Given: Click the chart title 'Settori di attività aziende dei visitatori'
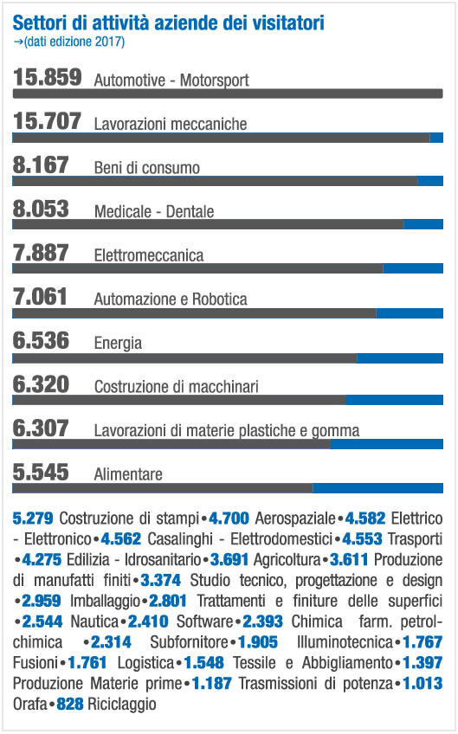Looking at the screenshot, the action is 168,23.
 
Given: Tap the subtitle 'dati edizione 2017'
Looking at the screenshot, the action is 74,42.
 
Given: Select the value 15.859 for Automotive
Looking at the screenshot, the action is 48,77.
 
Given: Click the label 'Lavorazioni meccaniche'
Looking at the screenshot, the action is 171,124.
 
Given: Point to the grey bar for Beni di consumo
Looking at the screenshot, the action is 215,181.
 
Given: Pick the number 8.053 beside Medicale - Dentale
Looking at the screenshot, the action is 41,209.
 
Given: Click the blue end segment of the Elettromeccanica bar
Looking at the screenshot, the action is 413,268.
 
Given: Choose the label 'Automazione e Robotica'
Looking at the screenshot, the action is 171,299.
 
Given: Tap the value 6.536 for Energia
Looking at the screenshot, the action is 41,340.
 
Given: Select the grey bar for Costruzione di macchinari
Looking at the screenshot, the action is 179,400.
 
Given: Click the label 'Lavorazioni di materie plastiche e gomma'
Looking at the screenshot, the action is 227,431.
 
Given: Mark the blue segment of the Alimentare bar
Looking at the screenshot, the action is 378,488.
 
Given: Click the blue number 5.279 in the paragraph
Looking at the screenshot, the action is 33,518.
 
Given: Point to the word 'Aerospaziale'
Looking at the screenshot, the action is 295,518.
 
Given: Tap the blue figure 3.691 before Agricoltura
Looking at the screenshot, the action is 229,559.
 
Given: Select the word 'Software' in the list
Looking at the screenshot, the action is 204,621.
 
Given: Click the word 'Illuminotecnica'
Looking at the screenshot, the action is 345,641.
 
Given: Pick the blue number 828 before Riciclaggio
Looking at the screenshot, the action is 70,704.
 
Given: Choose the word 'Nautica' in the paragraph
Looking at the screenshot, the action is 94,621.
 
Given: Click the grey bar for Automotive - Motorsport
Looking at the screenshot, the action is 228,93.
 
